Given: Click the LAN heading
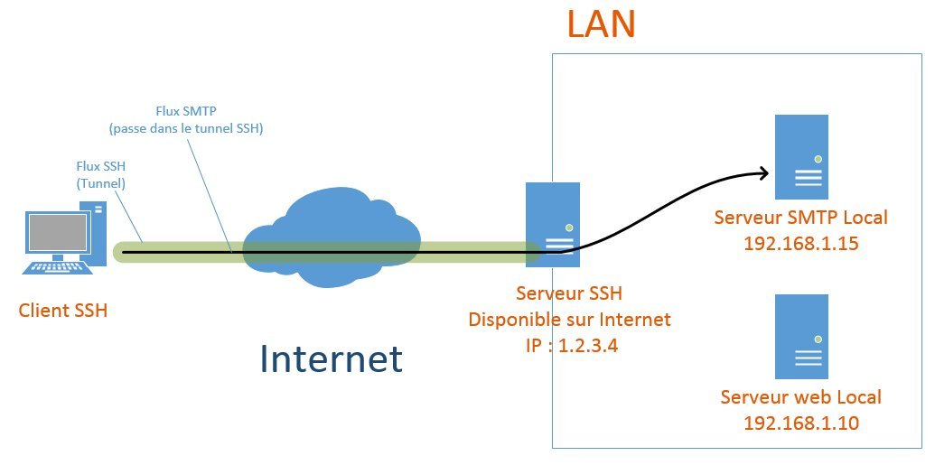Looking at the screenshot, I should tap(601, 24).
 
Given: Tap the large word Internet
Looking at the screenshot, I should tap(331, 358).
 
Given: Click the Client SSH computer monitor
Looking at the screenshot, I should tap(57, 233).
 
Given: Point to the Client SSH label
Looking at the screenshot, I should tap(63, 312).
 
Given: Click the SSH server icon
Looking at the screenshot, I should tap(552, 224).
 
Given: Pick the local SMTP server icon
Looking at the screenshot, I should tap(801, 156).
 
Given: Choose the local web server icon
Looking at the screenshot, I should tap(801, 337).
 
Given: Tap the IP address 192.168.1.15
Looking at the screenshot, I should tap(800, 243).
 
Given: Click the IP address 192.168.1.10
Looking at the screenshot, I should tap(800, 423).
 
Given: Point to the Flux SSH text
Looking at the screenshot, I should tap(100, 166).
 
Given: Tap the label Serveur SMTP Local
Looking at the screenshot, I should tap(800, 218).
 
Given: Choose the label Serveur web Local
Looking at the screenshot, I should tap(800, 397).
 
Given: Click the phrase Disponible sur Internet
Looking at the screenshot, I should tap(569, 319).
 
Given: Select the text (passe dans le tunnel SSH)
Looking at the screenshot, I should tap(185, 129).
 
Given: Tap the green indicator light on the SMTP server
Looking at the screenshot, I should tap(818, 159).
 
